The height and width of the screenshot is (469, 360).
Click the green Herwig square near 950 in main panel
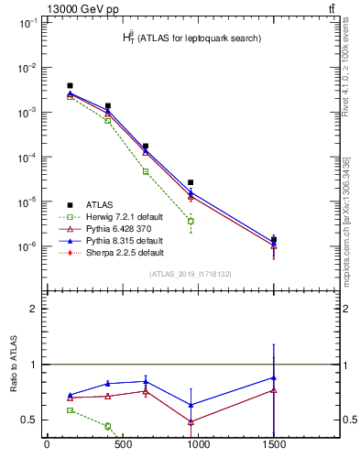point(191,222)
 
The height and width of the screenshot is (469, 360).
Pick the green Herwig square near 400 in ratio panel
point(108,426)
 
